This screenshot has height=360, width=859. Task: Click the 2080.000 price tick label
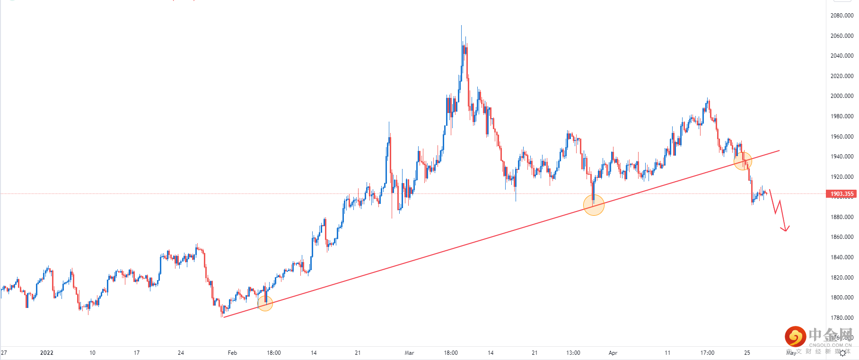tap(841, 16)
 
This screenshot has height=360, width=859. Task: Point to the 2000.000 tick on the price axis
tap(841, 96)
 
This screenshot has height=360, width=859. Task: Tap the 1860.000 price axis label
tap(841, 237)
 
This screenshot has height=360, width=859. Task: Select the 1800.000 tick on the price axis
tap(841, 298)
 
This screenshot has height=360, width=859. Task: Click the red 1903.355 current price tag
tap(841, 194)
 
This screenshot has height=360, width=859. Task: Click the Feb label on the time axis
tap(232, 353)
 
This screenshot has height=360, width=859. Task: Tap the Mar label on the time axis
tap(409, 353)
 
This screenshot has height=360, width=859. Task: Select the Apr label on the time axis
tap(613, 353)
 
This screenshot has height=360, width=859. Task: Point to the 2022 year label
tap(47, 353)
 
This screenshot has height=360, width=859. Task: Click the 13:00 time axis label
tap(573, 353)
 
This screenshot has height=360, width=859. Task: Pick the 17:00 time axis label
tap(707, 353)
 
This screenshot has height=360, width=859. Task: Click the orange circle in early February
tap(265, 303)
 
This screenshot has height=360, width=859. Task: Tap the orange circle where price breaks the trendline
tap(743, 161)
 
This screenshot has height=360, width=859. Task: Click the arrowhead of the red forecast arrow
tap(785, 230)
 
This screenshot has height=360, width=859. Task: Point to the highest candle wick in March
tap(461, 26)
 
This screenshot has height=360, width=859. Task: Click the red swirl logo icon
tap(795, 336)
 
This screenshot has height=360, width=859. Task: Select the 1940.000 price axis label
tap(841, 157)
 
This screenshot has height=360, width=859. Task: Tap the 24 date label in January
tap(181, 353)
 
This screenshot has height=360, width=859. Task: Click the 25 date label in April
tap(747, 353)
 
